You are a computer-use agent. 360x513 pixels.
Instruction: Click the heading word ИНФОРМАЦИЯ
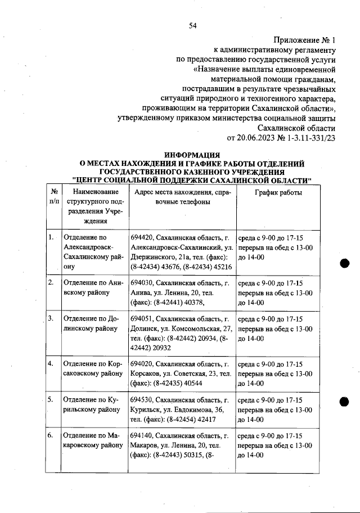pyautogui.click(x=192, y=155)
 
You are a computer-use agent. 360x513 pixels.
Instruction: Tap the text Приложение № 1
pyautogui.click(x=304, y=40)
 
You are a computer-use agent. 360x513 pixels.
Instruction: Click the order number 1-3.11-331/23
pyautogui.click(x=308, y=137)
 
